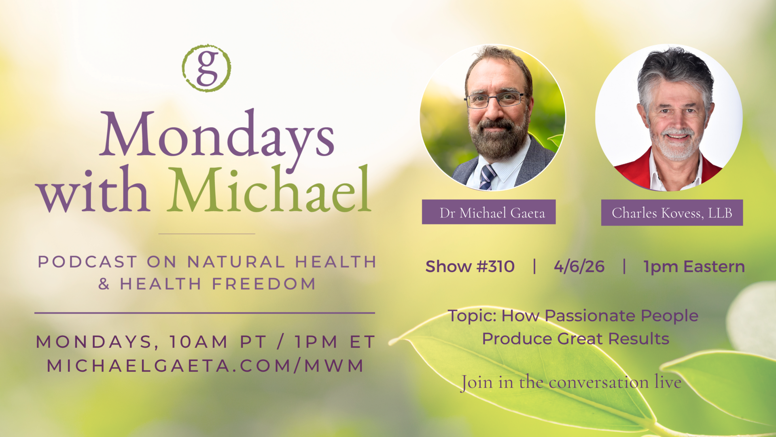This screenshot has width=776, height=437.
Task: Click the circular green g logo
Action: (x=206, y=68)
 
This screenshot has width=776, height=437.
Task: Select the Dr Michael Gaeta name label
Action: (x=489, y=212)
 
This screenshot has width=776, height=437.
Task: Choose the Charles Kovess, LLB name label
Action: (x=672, y=213)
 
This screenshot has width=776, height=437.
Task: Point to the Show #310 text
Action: (x=470, y=267)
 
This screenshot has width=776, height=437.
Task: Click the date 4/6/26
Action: (x=579, y=267)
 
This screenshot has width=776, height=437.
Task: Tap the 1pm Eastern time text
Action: (x=694, y=267)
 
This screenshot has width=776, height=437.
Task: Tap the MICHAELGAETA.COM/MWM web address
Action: (x=206, y=366)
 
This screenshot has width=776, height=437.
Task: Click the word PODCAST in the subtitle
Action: (x=87, y=262)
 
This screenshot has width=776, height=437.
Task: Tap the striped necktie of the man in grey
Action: (x=488, y=177)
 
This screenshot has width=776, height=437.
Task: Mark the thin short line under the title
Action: (x=207, y=234)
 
